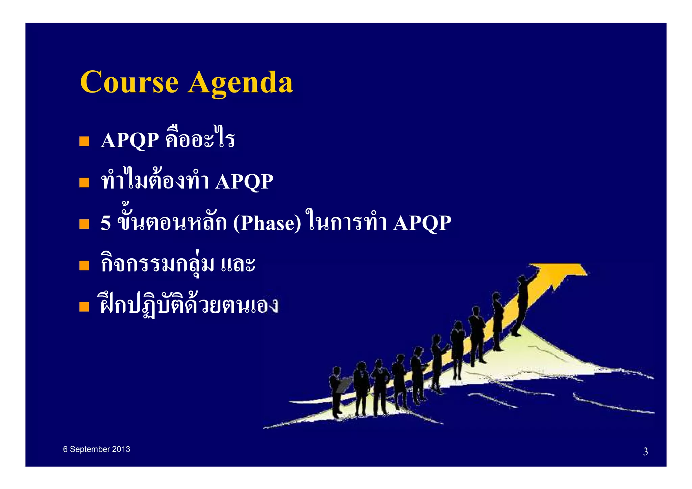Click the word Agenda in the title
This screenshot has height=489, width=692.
240,83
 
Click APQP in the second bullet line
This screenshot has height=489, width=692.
244,182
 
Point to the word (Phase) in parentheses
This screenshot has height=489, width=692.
267,223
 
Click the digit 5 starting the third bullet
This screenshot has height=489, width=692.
105,223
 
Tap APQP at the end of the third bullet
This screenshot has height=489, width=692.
422,223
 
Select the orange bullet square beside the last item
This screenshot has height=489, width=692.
84,307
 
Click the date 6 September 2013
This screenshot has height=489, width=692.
97,449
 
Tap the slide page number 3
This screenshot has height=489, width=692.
645,452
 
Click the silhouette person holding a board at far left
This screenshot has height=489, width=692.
336,392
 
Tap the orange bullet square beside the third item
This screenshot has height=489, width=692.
84,224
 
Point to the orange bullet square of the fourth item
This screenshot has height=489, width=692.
84,265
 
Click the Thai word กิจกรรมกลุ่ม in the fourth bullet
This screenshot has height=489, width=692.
157,264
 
